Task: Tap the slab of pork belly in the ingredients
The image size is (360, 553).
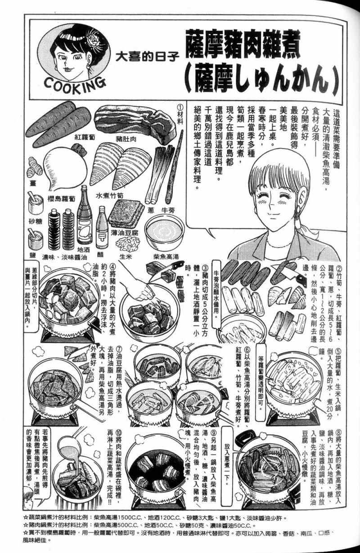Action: click(135, 121)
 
